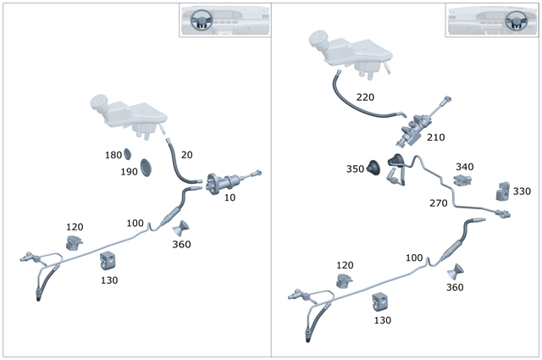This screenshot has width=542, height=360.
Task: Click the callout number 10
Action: click(x=230, y=197)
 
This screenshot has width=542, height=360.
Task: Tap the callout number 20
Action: click(x=186, y=155)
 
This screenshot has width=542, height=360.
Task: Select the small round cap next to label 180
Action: click(x=128, y=154)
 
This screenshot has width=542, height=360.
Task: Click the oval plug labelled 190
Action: click(x=146, y=168)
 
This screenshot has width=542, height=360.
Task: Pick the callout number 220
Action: click(x=365, y=97)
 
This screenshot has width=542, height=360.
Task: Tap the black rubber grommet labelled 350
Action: click(x=373, y=168)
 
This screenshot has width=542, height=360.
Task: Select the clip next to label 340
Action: click(x=462, y=180)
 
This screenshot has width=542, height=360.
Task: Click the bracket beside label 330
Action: click(x=502, y=191)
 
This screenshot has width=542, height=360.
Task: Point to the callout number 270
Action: click(x=439, y=203)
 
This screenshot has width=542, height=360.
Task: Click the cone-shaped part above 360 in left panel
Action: click(x=181, y=228)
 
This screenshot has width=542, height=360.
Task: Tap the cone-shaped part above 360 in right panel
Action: click(x=456, y=271)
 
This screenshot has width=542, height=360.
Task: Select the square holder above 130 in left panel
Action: click(x=108, y=261)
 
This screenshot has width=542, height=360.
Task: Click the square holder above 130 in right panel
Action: click(x=380, y=302)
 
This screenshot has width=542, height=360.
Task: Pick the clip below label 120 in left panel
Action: click(x=74, y=242)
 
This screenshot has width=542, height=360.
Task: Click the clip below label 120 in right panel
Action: click(x=345, y=281)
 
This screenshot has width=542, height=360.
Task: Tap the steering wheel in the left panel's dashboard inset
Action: click(x=201, y=20)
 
